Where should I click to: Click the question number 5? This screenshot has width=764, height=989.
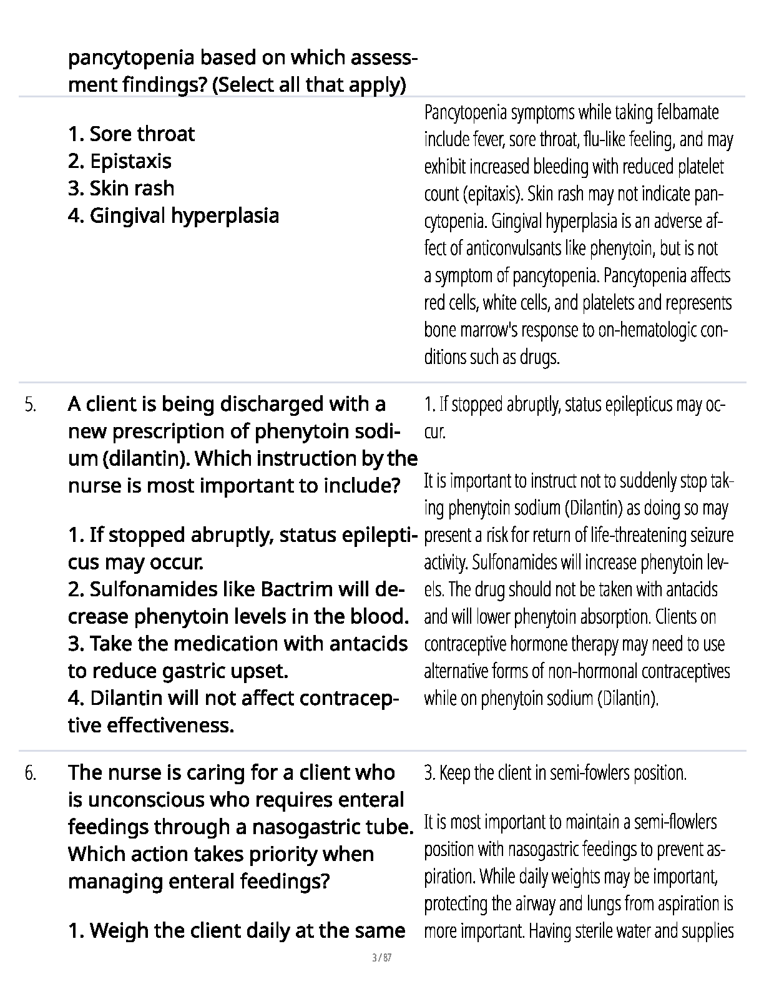(31, 405)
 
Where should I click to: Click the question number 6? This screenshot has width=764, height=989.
(31, 774)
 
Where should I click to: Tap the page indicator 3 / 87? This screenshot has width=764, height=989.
(381, 958)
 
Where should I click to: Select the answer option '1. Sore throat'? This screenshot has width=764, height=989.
(131, 134)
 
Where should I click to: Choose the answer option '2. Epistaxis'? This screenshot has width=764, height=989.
(119, 162)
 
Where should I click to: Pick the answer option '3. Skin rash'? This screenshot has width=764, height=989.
(121, 189)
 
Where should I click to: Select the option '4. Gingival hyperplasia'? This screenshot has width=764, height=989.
(173, 216)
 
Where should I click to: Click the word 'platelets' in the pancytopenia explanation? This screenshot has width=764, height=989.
(609, 303)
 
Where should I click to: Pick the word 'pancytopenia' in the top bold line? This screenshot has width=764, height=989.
(133, 58)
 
